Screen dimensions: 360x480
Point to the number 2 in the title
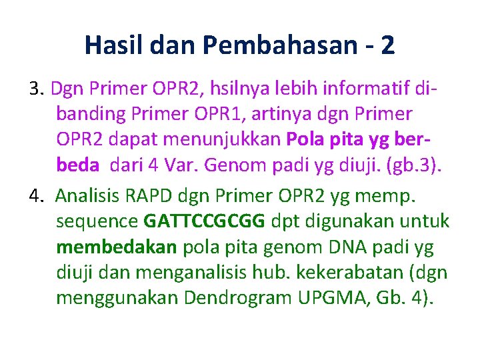click(x=387, y=45)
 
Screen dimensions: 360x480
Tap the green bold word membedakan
click(x=117, y=247)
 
